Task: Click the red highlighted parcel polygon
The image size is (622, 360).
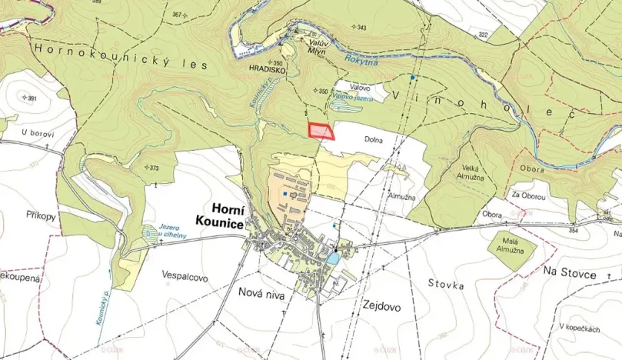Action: click(x=320, y=132)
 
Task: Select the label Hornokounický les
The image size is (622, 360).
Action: click(x=120, y=57)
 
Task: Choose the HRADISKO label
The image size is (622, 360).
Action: click(x=266, y=69)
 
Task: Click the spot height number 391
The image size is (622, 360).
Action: click(x=31, y=98)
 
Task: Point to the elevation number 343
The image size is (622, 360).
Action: click(x=360, y=27)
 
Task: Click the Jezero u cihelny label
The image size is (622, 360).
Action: click(x=171, y=234)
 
